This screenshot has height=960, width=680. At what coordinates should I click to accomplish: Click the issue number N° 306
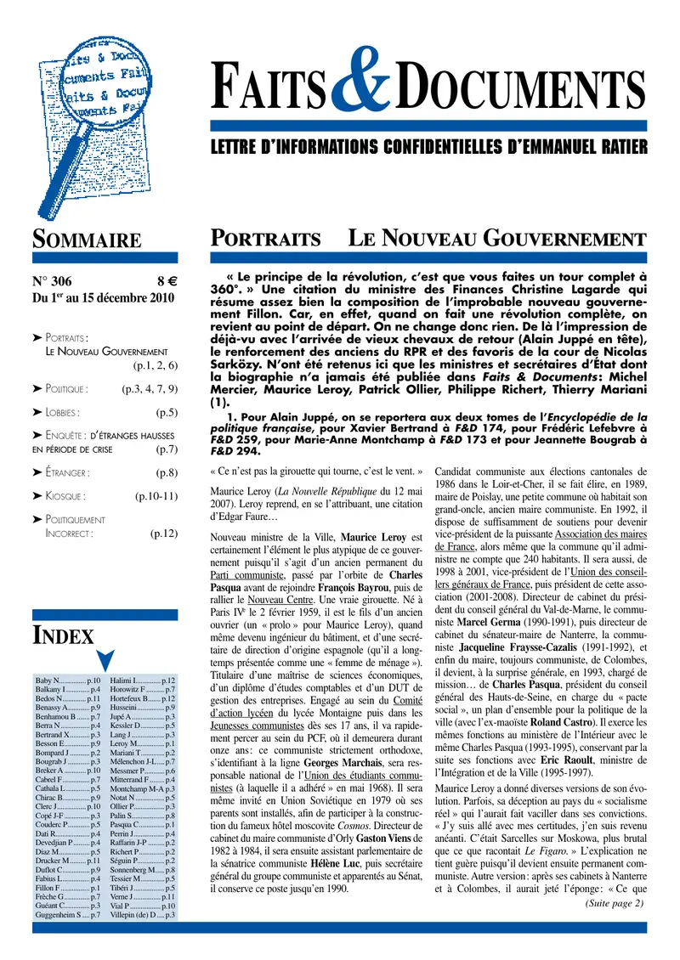(x=52, y=282)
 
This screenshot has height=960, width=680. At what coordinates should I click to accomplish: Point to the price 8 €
(x=166, y=282)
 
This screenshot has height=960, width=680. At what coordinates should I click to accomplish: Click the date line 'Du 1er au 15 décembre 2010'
(x=103, y=298)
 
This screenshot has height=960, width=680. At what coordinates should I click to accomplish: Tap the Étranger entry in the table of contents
(x=61, y=472)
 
